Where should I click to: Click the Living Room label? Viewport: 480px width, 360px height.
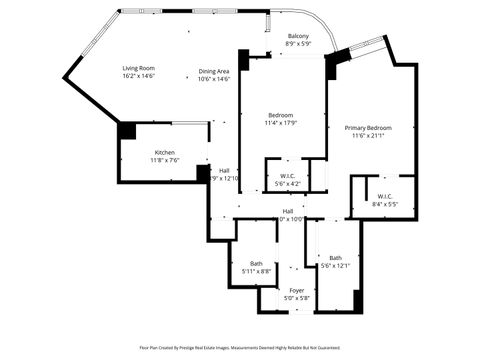138,67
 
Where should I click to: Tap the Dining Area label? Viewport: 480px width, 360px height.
214,71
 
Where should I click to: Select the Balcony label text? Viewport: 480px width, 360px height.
298,36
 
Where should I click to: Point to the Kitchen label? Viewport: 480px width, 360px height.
136,151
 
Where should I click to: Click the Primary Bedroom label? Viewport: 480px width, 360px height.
368,128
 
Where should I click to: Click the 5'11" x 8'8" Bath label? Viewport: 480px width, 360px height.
256,263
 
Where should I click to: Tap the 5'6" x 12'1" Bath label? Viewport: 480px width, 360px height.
335,257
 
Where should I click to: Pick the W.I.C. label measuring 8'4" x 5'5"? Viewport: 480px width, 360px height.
385,196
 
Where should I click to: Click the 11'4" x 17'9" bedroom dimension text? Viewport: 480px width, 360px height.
283,122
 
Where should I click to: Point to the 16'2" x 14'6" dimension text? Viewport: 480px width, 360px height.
138,76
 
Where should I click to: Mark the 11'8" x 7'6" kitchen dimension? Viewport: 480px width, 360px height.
136,160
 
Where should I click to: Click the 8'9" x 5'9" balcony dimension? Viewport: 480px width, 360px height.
298,44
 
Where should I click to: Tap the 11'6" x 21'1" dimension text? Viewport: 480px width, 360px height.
368,137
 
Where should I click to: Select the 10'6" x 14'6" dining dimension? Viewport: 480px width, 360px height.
214,79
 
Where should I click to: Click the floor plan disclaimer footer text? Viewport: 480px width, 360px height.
240,348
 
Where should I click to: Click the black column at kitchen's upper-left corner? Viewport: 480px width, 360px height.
127,130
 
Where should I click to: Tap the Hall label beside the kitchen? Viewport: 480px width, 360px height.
224,170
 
